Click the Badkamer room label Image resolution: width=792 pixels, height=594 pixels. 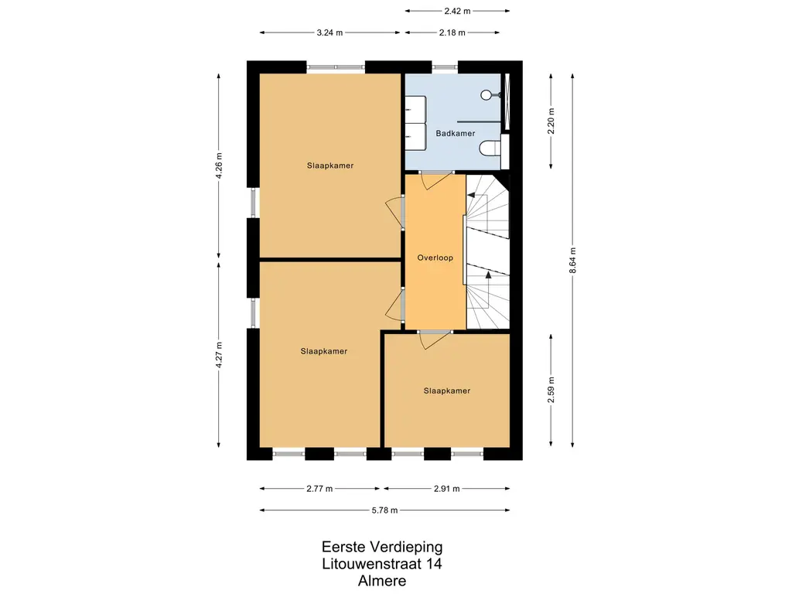click(x=455, y=133)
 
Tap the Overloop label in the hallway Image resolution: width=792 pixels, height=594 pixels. click(x=435, y=258)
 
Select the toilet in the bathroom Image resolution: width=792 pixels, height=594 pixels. click(x=490, y=148)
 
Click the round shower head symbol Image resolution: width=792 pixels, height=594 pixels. click(x=486, y=95)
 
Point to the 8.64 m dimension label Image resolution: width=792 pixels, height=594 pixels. click(x=572, y=260)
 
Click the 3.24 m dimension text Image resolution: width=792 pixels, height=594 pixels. click(x=329, y=32)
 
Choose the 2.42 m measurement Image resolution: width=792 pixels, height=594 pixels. click(x=457, y=11)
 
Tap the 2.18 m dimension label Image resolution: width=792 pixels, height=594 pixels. click(x=452, y=32)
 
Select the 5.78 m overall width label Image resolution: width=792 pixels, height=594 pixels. click(x=385, y=510)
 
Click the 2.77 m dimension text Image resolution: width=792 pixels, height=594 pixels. click(x=319, y=489)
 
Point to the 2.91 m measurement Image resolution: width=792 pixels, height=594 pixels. click(x=446, y=489)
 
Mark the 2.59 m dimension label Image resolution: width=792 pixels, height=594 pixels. click(x=551, y=390)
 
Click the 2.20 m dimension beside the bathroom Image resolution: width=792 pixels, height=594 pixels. click(x=551, y=121)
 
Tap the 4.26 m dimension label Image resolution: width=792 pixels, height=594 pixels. click(x=219, y=166)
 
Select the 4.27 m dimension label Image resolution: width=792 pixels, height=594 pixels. click(x=219, y=354)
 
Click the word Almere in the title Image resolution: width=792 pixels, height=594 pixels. click(x=382, y=581)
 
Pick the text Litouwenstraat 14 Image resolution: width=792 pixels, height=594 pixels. click(x=382, y=564)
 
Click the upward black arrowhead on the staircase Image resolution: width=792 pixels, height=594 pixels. click(x=489, y=275)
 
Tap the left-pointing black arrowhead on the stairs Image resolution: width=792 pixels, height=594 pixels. click(x=471, y=195)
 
